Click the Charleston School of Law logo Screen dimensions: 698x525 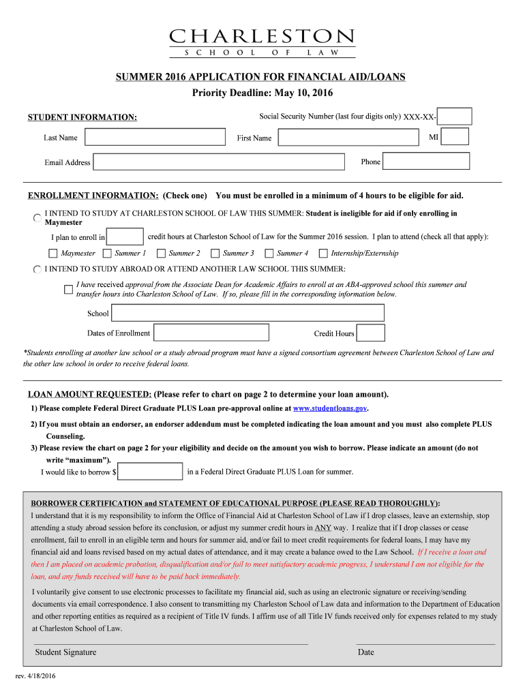click(x=262, y=43)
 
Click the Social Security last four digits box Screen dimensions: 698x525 click(x=454, y=117)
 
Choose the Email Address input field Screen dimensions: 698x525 click(x=218, y=162)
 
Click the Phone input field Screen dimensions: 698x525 click(x=426, y=162)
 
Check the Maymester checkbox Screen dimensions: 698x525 click(x=54, y=254)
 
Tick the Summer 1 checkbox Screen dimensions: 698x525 click(x=108, y=254)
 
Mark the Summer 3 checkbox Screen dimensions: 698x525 click(x=215, y=254)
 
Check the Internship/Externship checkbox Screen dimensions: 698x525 click(x=323, y=254)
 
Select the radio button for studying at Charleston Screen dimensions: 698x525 click(x=37, y=218)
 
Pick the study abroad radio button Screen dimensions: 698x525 click(x=37, y=270)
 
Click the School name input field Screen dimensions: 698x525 click(x=247, y=313)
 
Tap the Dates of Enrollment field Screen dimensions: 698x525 click(x=211, y=333)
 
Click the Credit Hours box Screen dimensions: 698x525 click(x=371, y=333)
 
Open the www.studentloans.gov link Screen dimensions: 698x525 click(x=330, y=408)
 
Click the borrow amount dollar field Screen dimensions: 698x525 click(x=150, y=472)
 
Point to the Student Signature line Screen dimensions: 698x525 click(x=170, y=644)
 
